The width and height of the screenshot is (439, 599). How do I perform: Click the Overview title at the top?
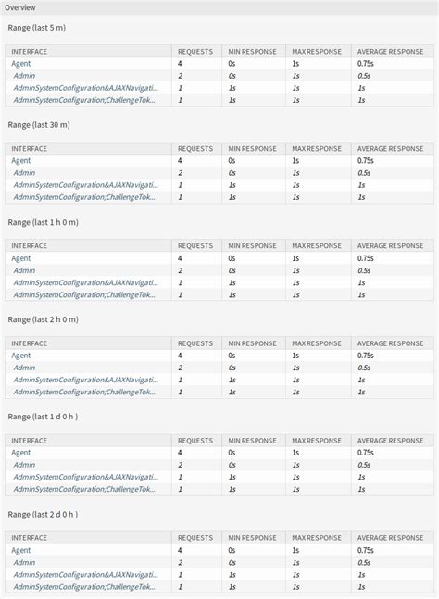pos(20,7)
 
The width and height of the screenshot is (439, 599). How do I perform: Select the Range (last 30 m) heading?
pos(39,124)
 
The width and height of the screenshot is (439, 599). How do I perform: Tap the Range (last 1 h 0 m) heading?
pos(43,222)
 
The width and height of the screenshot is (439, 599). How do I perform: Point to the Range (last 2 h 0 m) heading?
pos(43,319)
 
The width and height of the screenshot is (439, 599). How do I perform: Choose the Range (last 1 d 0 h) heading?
pos(43,417)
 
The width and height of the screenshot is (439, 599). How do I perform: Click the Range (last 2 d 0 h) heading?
pos(43,514)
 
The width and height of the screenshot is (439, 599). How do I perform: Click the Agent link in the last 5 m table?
pos(21,63)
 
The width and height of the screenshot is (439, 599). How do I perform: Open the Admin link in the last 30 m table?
pos(24,172)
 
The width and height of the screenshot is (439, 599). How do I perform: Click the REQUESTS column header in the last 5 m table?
pos(194,51)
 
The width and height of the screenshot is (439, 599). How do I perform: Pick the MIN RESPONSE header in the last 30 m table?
pos(252,148)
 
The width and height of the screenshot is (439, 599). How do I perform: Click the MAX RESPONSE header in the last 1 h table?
pos(317,245)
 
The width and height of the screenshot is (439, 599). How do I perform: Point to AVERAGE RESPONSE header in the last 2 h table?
pos(390,343)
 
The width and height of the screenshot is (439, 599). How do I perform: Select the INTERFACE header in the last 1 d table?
pos(30,441)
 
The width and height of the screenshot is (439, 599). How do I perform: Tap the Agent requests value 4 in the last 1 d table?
pos(180,453)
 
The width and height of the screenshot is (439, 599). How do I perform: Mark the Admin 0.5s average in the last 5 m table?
pos(364,75)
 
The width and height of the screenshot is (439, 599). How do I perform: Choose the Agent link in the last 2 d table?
pos(21,550)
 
